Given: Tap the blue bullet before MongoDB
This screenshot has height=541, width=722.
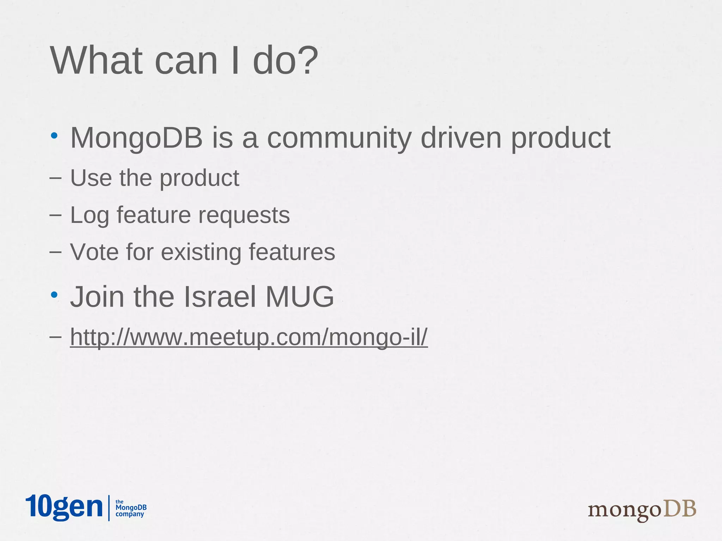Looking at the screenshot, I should point(54,136).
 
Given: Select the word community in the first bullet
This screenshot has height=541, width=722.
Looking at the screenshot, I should point(339,138).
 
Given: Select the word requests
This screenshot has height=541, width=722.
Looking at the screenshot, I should point(244,216).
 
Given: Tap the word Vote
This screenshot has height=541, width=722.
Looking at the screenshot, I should point(94,252).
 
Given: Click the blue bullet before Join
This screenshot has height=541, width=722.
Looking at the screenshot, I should point(54,294).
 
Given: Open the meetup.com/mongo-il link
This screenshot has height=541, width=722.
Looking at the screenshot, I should point(249,337).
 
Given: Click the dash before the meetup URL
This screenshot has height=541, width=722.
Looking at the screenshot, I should point(55,337).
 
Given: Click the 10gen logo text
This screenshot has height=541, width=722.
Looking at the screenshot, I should point(64,507).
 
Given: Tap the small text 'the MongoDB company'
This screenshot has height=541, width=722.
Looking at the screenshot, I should point(131,508).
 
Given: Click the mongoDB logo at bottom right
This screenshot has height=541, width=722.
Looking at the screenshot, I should point(642,510).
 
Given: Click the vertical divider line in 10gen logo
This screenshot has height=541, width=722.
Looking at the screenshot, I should point(109,508).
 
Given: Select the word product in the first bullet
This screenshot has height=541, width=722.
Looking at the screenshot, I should point(561,138).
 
